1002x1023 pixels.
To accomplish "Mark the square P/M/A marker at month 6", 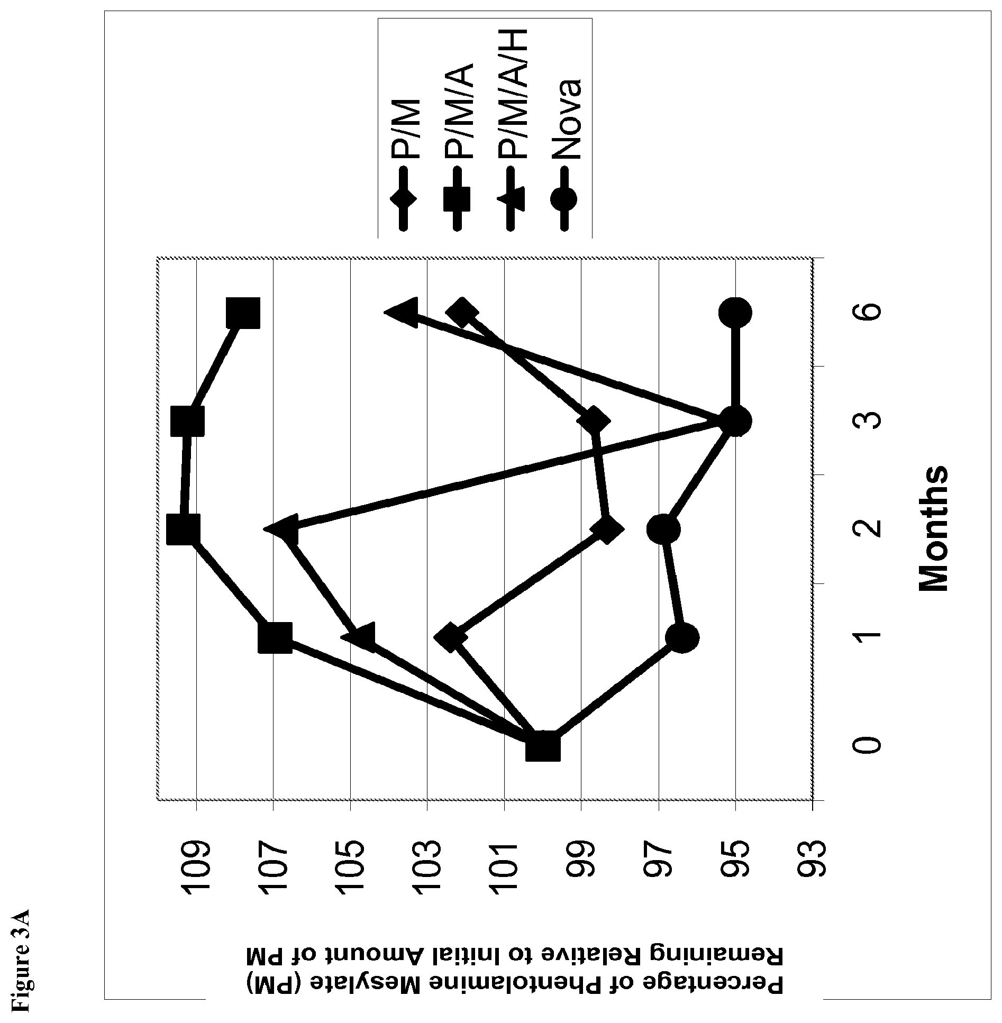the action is pyautogui.click(x=243, y=313).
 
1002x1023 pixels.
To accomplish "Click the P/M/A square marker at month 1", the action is pyautogui.click(x=275, y=638).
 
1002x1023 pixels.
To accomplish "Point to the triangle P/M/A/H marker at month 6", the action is pyautogui.click(x=402, y=313).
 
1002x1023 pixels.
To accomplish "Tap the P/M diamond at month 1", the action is pyautogui.click(x=450, y=637).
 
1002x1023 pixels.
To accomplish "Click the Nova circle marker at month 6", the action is pyautogui.click(x=735, y=313).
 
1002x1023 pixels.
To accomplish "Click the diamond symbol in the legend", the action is pyautogui.click(x=404, y=200).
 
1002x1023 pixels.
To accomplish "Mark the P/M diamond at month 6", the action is pyautogui.click(x=462, y=313).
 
